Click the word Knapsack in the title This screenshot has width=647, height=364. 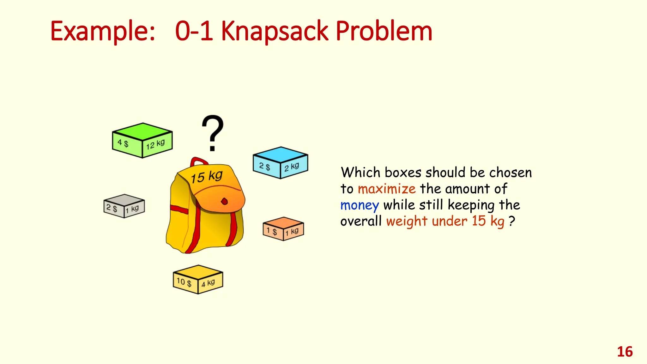tap(274, 32)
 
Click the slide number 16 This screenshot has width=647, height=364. tap(625, 352)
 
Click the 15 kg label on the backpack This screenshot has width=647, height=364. tap(207, 176)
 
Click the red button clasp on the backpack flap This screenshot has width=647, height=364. tap(224, 201)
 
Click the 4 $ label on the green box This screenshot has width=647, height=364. tap(123, 143)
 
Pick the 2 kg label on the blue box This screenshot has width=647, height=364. tap(291, 167)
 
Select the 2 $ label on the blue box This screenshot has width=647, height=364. tap(264, 166)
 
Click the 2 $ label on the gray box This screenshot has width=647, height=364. tap(112, 208)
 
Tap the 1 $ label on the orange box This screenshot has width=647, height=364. tap(272, 231)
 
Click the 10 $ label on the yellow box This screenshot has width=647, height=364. tap(184, 282)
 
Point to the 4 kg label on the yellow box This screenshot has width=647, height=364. tap(208, 283)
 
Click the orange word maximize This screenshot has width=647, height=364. tap(386, 189)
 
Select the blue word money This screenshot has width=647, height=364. tap(360, 205)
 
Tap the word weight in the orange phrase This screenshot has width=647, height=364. tap(407, 221)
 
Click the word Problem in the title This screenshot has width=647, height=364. tap(384, 32)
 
